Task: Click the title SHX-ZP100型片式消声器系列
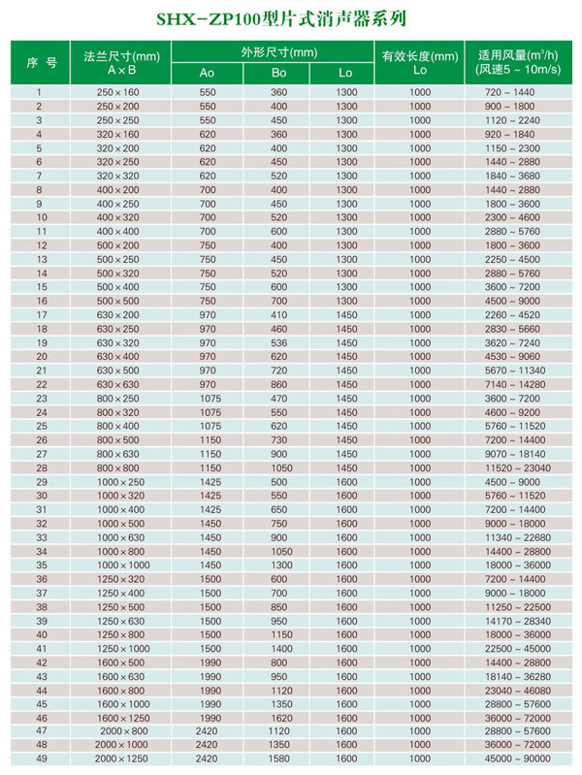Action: (x=291, y=17)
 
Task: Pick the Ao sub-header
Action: (x=208, y=74)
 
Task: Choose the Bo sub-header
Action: (x=279, y=74)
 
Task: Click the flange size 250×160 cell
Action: (x=118, y=91)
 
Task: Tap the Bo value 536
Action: (x=279, y=343)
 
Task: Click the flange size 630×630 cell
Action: (x=118, y=385)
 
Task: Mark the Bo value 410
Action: (x=279, y=315)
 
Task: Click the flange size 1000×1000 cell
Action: (x=118, y=565)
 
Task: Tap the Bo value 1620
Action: (x=279, y=717)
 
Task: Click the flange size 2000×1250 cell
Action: (x=118, y=759)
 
